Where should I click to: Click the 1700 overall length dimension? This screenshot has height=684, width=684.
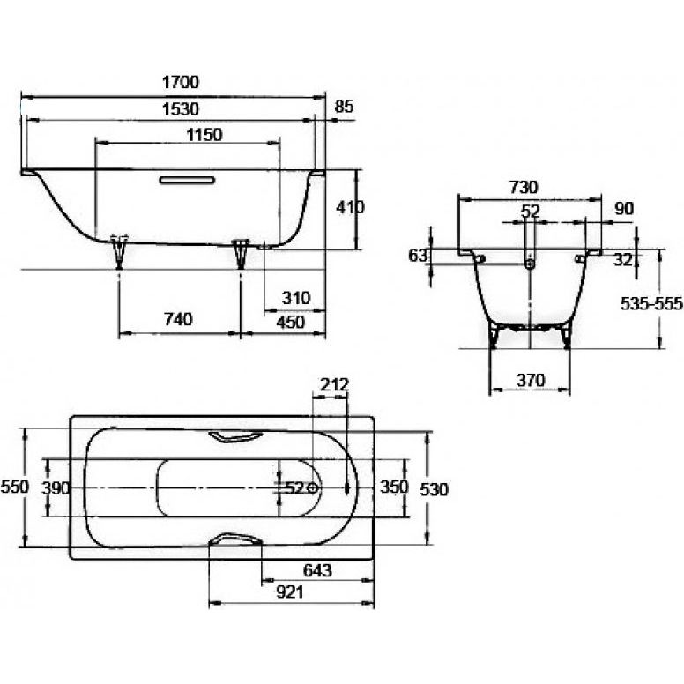(181, 82)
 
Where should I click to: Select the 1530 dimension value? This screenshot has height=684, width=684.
(181, 109)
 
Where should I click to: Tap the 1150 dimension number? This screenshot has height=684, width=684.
(204, 135)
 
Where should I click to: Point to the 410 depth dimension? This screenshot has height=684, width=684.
(350, 208)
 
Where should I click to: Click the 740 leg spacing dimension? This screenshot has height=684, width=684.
(178, 319)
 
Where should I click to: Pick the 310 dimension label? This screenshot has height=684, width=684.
(296, 299)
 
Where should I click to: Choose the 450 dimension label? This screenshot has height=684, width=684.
(291, 323)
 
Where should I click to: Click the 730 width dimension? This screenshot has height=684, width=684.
(524, 188)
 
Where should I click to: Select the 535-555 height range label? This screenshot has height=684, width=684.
(651, 303)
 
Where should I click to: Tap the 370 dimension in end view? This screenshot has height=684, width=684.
(531, 381)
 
